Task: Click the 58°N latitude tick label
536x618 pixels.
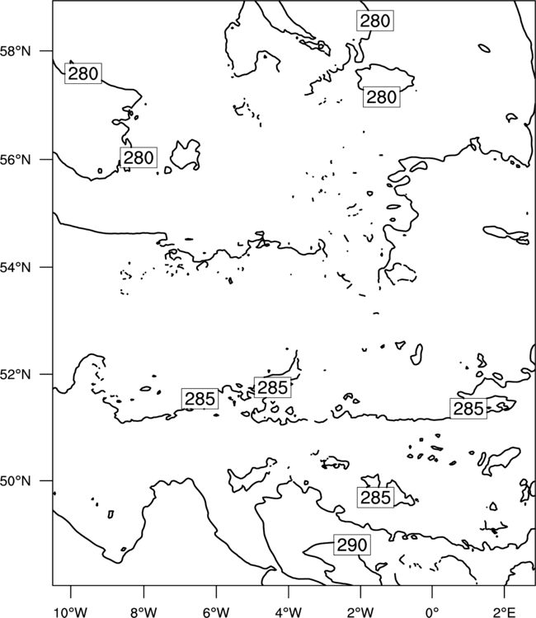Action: click(16, 51)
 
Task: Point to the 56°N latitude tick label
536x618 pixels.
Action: click(16, 160)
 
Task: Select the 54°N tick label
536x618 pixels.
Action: click(16, 267)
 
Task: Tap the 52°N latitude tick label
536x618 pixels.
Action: click(16, 374)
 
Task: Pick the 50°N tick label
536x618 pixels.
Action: click(16, 481)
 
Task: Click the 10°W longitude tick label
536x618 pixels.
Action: click(71, 612)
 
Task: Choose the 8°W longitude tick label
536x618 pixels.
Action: click(143, 612)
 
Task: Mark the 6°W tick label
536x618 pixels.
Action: click(216, 612)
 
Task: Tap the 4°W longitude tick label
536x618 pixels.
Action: click(288, 612)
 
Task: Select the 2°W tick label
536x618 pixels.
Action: click(360, 612)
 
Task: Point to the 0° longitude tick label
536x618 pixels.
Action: click(432, 612)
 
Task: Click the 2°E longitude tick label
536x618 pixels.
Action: click(505, 612)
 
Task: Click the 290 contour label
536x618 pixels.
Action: click(352, 545)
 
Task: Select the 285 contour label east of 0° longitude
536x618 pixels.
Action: click(468, 409)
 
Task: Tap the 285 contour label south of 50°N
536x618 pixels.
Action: click(375, 498)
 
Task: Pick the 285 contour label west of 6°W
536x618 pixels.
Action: click(200, 399)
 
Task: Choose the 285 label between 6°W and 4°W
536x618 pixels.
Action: click(273, 387)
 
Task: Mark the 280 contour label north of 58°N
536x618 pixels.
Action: click(375, 21)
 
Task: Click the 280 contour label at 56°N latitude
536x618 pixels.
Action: click(139, 157)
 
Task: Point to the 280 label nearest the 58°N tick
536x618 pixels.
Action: click(83, 73)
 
